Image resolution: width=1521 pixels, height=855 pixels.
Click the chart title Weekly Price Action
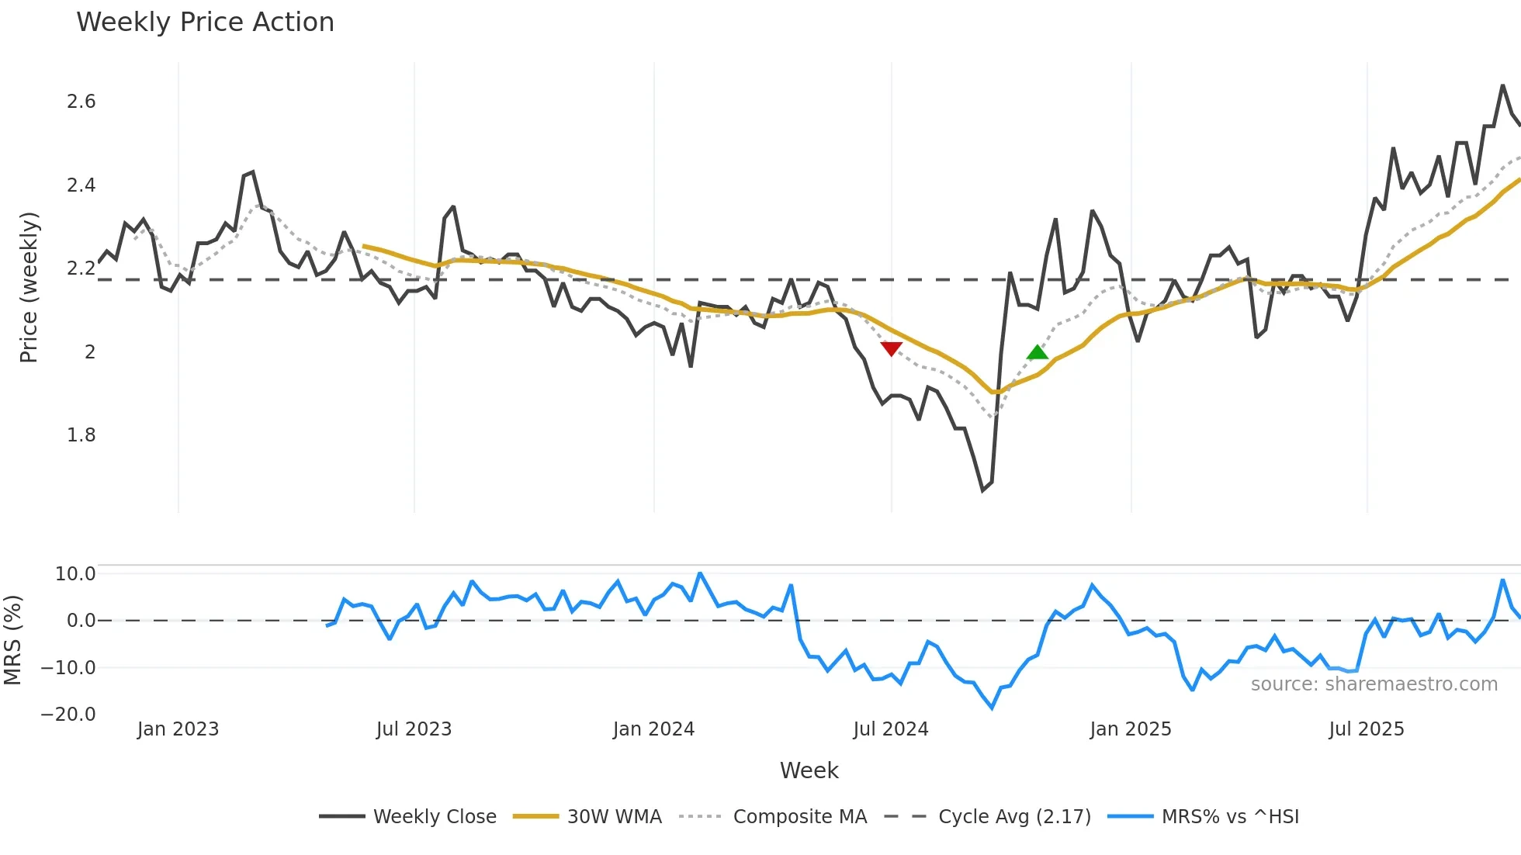click(x=205, y=22)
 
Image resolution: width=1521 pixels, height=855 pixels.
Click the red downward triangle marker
click(x=891, y=348)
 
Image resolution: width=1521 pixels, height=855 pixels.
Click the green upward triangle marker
click(x=1037, y=353)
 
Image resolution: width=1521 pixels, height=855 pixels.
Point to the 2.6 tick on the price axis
click(x=81, y=102)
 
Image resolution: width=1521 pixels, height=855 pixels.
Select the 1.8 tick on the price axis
click(x=81, y=435)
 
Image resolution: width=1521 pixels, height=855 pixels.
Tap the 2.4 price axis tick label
click(x=81, y=185)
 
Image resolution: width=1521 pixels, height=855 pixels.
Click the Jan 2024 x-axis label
click(x=653, y=729)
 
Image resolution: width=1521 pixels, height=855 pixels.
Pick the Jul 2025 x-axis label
click(x=1366, y=729)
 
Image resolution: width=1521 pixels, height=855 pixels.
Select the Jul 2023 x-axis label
click(x=414, y=729)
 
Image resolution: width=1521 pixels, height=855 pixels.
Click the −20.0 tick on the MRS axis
click(x=68, y=715)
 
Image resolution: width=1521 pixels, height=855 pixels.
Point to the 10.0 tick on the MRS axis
click(x=75, y=574)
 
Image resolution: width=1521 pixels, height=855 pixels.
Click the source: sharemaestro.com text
click(x=1374, y=684)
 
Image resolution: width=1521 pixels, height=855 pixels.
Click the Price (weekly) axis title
click(x=29, y=287)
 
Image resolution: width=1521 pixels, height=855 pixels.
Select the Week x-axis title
click(x=809, y=770)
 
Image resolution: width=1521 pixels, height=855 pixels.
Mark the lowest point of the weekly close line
click(x=982, y=490)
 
